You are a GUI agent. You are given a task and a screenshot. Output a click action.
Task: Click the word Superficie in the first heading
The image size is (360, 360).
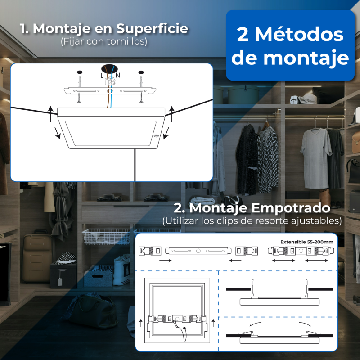pos(152,29)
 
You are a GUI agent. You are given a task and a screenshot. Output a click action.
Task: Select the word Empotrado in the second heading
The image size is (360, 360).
pos(291,208)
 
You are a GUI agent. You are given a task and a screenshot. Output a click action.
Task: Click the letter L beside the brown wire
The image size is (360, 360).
pos(102,76)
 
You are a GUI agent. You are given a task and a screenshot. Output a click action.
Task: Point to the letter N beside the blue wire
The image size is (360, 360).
pos(118,75)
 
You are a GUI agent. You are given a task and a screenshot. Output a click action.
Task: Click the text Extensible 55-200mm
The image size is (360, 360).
pos(307,242)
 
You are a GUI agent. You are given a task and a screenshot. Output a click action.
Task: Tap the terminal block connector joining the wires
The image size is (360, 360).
pos(110,81)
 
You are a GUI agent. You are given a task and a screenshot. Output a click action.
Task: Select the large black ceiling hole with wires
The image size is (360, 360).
pos(109,69)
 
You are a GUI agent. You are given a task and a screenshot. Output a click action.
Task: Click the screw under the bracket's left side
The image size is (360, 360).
pos(79,98)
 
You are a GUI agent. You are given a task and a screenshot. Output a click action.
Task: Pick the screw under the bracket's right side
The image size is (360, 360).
pos(141,98)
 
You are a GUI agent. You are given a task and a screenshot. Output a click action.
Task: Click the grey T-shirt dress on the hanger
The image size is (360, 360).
pos(316,158)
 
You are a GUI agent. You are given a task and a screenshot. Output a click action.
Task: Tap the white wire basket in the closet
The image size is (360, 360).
pos(106,237)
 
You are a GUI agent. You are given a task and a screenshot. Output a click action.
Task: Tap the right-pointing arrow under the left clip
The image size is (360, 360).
pos(165,261)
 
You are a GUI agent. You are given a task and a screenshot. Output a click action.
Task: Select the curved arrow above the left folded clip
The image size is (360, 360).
pos(255,324)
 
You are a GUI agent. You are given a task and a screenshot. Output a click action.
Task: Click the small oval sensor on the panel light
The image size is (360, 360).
pos(156,136)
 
